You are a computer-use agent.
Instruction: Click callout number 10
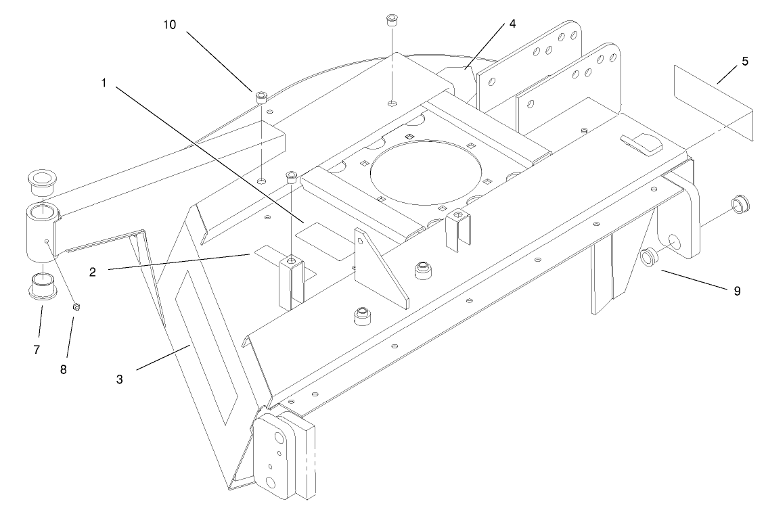click(169, 25)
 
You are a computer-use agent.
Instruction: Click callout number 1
click(104, 83)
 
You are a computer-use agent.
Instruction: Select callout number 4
click(512, 24)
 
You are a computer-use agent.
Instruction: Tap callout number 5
click(744, 62)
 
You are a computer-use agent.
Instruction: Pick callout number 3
click(119, 379)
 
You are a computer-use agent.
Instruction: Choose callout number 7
click(37, 350)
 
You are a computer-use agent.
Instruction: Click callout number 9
click(736, 291)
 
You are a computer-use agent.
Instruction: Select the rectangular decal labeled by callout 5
click(713, 102)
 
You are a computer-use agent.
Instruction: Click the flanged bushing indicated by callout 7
click(42, 285)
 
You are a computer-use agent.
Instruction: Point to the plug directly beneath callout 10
click(261, 97)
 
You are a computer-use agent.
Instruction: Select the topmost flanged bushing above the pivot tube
click(41, 180)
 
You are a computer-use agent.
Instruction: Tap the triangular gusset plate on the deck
click(381, 263)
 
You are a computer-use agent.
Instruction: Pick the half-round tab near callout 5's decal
click(642, 141)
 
